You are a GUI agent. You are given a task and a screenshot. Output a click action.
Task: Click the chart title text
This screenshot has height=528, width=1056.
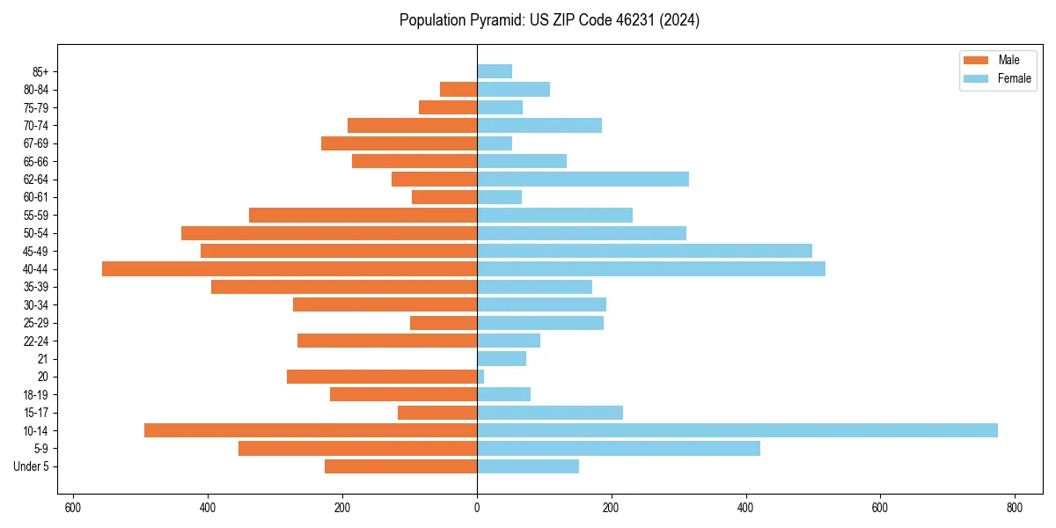[x=549, y=20]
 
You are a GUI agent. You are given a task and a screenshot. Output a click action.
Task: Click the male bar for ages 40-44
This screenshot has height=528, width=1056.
[x=290, y=269]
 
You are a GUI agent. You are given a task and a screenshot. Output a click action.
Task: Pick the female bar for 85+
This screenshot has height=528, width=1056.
[x=495, y=71]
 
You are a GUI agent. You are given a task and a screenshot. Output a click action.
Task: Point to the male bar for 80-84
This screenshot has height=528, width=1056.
[x=458, y=90]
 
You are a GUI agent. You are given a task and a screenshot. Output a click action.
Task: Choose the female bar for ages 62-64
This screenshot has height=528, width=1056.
[x=583, y=180]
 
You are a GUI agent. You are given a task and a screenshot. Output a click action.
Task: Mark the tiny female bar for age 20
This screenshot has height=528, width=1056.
[x=480, y=377]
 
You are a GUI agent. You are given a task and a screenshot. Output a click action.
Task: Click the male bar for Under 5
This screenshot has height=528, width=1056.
[x=400, y=466]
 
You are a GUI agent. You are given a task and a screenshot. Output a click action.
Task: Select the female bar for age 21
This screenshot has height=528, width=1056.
[x=502, y=359]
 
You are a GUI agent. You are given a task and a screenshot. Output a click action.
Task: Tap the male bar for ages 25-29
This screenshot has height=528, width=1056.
[x=444, y=323]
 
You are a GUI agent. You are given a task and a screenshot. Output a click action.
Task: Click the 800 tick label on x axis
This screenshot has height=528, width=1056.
[x=1015, y=508]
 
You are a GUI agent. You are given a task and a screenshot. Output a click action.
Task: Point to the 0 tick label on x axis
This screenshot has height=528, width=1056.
[x=477, y=508]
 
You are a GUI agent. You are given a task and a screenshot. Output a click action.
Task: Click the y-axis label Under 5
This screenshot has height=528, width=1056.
[x=32, y=466]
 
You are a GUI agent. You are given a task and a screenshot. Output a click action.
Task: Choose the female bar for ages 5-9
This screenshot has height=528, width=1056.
[x=619, y=449]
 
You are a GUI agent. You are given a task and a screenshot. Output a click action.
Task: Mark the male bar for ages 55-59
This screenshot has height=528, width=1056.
[x=363, y=216]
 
